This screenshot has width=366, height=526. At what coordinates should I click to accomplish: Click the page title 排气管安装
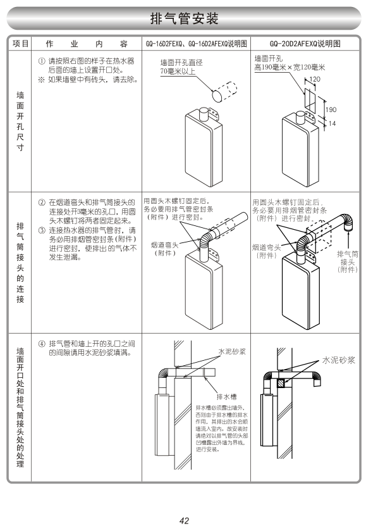[184, 18]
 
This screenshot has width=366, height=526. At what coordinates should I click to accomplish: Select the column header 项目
[20, 44]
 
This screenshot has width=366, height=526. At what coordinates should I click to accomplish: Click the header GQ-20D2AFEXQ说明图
[305, 44]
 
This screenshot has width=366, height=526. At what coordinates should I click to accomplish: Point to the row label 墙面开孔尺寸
[20, 122]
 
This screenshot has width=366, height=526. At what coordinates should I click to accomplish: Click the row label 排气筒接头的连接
[20, 262]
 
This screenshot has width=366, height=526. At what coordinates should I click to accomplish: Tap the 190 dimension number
[331, 110]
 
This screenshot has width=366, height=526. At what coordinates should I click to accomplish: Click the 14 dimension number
[332, 123]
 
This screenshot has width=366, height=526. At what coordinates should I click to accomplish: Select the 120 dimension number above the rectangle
[314, 79]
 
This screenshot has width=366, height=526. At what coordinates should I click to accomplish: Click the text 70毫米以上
[178, 71]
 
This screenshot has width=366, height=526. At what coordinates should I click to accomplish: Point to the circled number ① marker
[42, 61]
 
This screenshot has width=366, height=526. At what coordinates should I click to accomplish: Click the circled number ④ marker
[42, 344]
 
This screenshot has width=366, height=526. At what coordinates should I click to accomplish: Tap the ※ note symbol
[42, 80]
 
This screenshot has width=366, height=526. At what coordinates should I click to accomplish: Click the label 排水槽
[227, 397]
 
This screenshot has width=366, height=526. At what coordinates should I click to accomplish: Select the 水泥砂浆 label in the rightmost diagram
[338, 360]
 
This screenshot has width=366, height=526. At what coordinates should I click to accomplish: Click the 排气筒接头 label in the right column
[348, 258]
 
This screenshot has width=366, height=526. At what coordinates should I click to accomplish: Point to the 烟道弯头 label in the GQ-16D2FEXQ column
[164, 245]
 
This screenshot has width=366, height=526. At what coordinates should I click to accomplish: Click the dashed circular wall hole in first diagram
[224, 91]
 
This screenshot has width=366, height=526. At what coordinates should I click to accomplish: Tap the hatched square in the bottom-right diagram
[281, 383]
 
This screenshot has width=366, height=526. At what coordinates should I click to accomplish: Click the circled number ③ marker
[42, 230]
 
